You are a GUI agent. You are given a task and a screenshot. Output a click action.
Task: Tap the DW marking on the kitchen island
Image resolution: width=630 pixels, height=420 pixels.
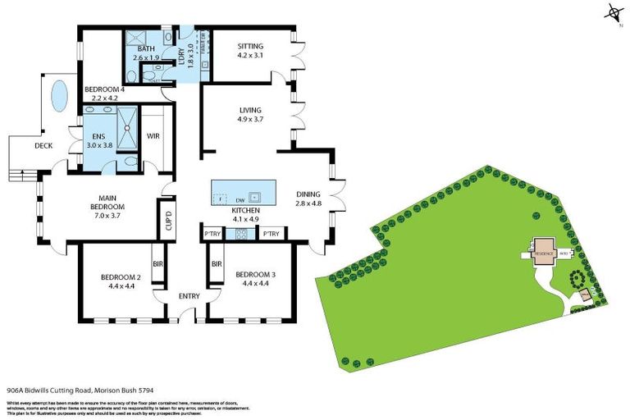coord(240,199)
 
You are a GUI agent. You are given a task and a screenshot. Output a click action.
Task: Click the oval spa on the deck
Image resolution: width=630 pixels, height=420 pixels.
coord(59,96)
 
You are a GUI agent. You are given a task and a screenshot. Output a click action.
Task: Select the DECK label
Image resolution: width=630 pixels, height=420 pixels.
coord(43,146)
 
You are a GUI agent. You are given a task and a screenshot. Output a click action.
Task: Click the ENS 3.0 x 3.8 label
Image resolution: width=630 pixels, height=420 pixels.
coord(100,140)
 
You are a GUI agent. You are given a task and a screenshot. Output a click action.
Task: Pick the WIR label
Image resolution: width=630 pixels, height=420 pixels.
coord(153,135)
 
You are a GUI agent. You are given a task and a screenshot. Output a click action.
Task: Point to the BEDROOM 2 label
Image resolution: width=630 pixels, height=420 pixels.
coord(121,282)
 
